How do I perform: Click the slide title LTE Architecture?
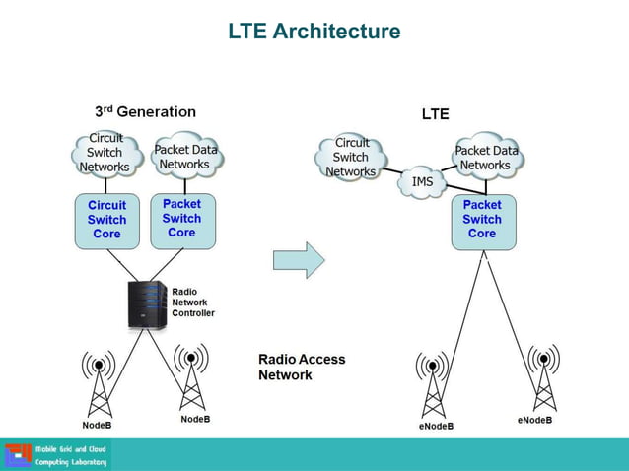[314, 32]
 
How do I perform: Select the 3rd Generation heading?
[145, 112]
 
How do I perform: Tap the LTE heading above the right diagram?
[435, 114]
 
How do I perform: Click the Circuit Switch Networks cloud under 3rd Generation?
[105, 153]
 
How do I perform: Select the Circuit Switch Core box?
[106, 221]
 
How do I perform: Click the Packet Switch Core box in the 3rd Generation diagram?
[181, 219]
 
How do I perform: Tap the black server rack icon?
[147, 305]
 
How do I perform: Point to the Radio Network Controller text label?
[192, 303]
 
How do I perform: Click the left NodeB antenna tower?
[99, 384]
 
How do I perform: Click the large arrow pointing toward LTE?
[298, 259]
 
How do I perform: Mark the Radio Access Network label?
[302, 367]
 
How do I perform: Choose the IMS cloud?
[423, 183]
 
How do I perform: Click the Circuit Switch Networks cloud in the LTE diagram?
[351, 158]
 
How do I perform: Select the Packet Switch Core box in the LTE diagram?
[482, 221]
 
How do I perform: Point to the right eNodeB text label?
[534, 421]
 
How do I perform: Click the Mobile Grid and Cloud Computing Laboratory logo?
[57, 455]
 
